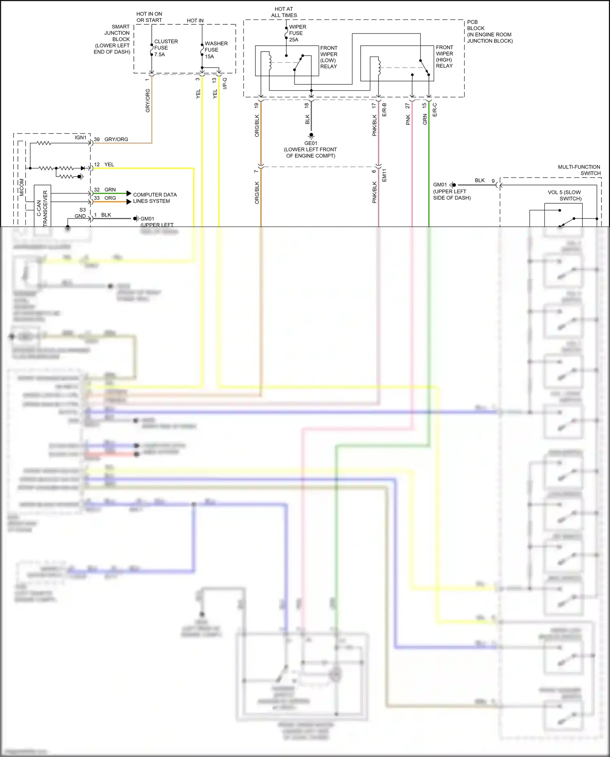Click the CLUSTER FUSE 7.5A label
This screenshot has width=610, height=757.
coord(166,48)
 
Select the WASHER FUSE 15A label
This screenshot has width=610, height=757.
coord(216,50)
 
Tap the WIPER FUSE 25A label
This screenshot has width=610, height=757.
coord(297,33)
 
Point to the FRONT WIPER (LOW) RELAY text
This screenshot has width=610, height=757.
coord(328,57)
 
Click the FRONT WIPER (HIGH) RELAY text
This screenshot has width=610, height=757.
coord(444,57)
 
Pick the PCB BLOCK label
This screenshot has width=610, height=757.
coord(489,31)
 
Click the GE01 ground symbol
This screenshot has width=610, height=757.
coord(311,135)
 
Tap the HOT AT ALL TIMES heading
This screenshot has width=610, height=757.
coord(284,12)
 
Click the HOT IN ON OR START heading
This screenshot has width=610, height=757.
coord(149,17)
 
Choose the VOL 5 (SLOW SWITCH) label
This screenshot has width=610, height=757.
coord(565,195)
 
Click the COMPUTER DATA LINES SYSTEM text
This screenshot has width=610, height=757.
coord(155,198)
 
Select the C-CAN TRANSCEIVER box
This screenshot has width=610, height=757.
coord(42,205)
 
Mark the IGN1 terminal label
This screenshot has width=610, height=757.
coord(81,137)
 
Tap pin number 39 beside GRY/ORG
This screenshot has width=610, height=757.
coord(97,139)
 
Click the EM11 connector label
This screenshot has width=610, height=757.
coord(384,175)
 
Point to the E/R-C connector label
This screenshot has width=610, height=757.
coord(435,110)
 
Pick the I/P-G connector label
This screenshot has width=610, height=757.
coord(225,83)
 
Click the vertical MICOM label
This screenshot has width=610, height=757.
coord(22,187)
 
